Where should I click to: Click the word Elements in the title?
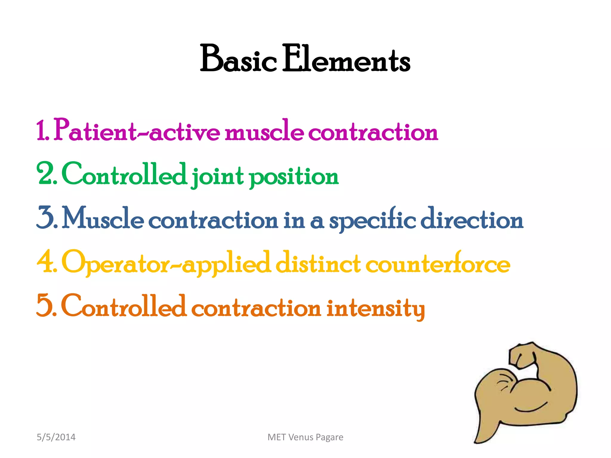point(346,59)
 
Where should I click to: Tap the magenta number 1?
point(42,131)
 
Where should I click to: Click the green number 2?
point(46,174)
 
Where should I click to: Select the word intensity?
point(376,308)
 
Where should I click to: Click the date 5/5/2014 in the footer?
point(56,437)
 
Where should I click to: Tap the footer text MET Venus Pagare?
point(305,437)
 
